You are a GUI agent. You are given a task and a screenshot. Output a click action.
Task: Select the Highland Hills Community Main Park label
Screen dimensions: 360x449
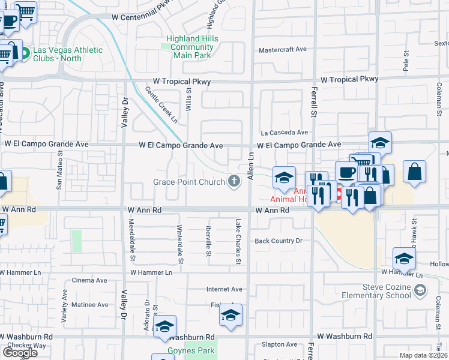coord(192,47)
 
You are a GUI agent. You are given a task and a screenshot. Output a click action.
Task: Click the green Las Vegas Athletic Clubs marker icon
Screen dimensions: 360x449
coord(24,53)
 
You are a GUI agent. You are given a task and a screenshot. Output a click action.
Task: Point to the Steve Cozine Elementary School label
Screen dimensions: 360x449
coord(375,291)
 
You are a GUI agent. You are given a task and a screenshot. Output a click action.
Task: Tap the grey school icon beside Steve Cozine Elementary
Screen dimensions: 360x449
coord(421,291)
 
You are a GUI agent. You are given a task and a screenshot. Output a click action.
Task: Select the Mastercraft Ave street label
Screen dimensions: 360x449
coord(282,50)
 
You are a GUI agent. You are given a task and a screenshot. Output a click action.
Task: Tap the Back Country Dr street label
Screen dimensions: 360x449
coord(277,241)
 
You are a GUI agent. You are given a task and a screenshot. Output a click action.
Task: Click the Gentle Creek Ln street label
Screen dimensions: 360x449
coord(161,104)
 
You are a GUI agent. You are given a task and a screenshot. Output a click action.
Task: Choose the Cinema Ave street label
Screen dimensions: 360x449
coord(89,280)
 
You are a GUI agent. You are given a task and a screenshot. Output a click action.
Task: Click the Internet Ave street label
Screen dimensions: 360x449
coord(224,289)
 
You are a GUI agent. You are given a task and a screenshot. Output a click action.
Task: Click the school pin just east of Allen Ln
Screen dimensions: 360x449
coord(285,176)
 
